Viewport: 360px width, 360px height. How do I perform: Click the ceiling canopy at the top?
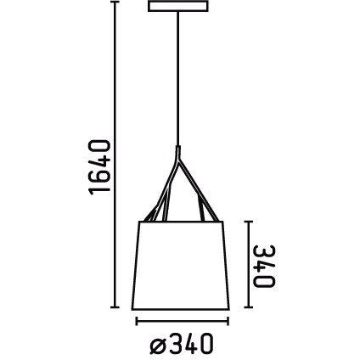coord(179,9)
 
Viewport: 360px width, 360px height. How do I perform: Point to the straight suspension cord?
coord(179,85)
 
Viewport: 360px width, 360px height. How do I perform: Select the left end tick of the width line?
coord(136,322)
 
